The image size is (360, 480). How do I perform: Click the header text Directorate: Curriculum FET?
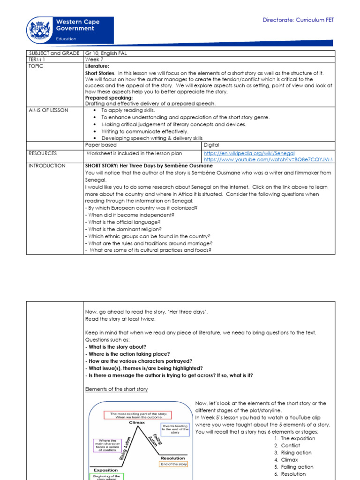298,20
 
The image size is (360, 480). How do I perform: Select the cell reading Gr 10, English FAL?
106,53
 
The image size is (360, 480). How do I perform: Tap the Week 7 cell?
93,60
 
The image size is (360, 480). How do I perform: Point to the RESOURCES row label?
43,153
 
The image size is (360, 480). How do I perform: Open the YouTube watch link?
269,159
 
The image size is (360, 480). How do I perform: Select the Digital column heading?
211,145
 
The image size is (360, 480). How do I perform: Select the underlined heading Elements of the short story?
116,389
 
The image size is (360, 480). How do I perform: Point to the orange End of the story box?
173,464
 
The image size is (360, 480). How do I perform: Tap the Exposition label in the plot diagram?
105,470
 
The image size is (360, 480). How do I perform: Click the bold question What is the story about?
116,347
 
